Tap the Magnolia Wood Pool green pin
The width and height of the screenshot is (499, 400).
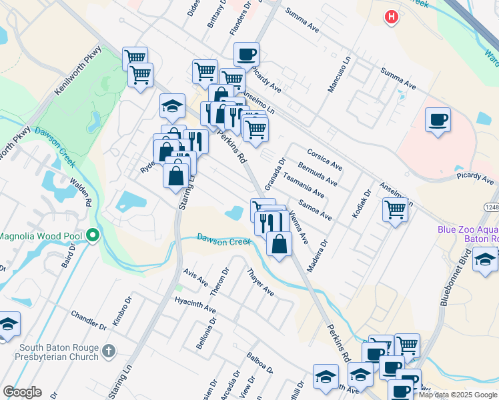tap(93, 235)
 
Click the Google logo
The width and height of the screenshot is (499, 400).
tap(22, 392)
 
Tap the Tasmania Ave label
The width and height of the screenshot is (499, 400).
tap(304, 185)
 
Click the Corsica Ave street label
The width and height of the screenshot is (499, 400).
tap(324, 159)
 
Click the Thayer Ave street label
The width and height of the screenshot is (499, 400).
tap(260, 283)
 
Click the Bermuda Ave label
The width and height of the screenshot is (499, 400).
tap(318, 173)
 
